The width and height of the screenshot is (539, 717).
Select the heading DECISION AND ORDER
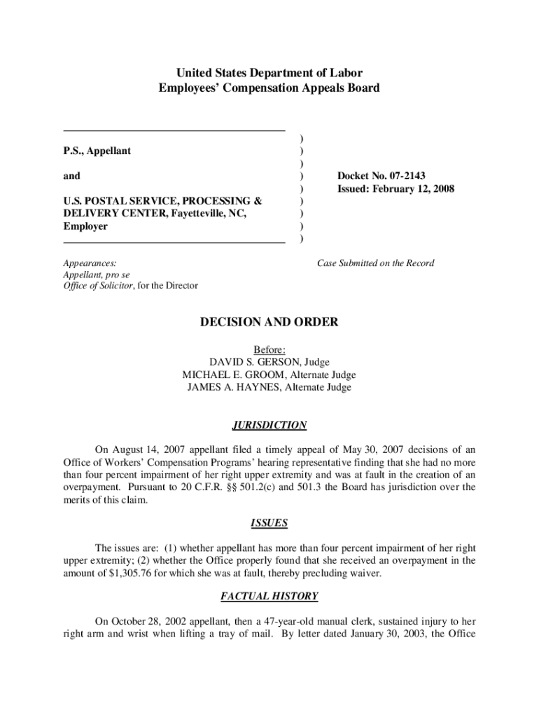[x=269, y=322]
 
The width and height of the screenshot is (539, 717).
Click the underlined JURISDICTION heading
[x=269, y=425]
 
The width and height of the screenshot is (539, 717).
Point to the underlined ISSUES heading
[x=269, y=523]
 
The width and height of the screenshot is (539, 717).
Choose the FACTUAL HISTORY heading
[x=269, y=597]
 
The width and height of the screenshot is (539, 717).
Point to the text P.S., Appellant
[x=97, y=151]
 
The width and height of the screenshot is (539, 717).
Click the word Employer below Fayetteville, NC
[x=85, y=226]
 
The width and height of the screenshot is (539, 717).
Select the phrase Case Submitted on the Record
[x=375, y=263]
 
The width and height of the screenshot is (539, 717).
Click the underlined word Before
[x=269, y=349]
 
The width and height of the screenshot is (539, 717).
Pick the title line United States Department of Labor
[x=269, y=73]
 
